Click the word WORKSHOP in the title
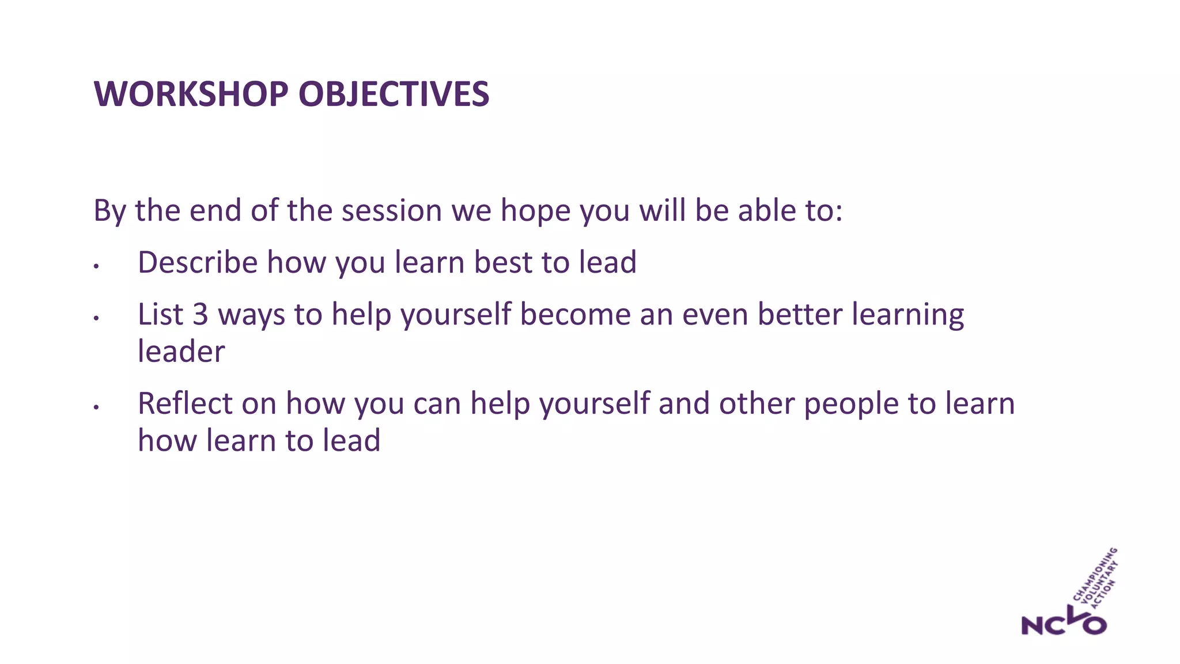[191, 94]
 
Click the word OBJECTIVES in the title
[394, 94]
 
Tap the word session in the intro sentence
[391, 210]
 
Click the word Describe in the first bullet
[198, 262]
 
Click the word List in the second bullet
[160, 315]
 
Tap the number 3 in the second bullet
[200, 315]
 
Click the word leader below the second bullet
[181, 352]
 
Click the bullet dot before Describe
[97, 266]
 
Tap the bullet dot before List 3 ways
[97, 318]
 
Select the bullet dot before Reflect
[97, 408]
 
